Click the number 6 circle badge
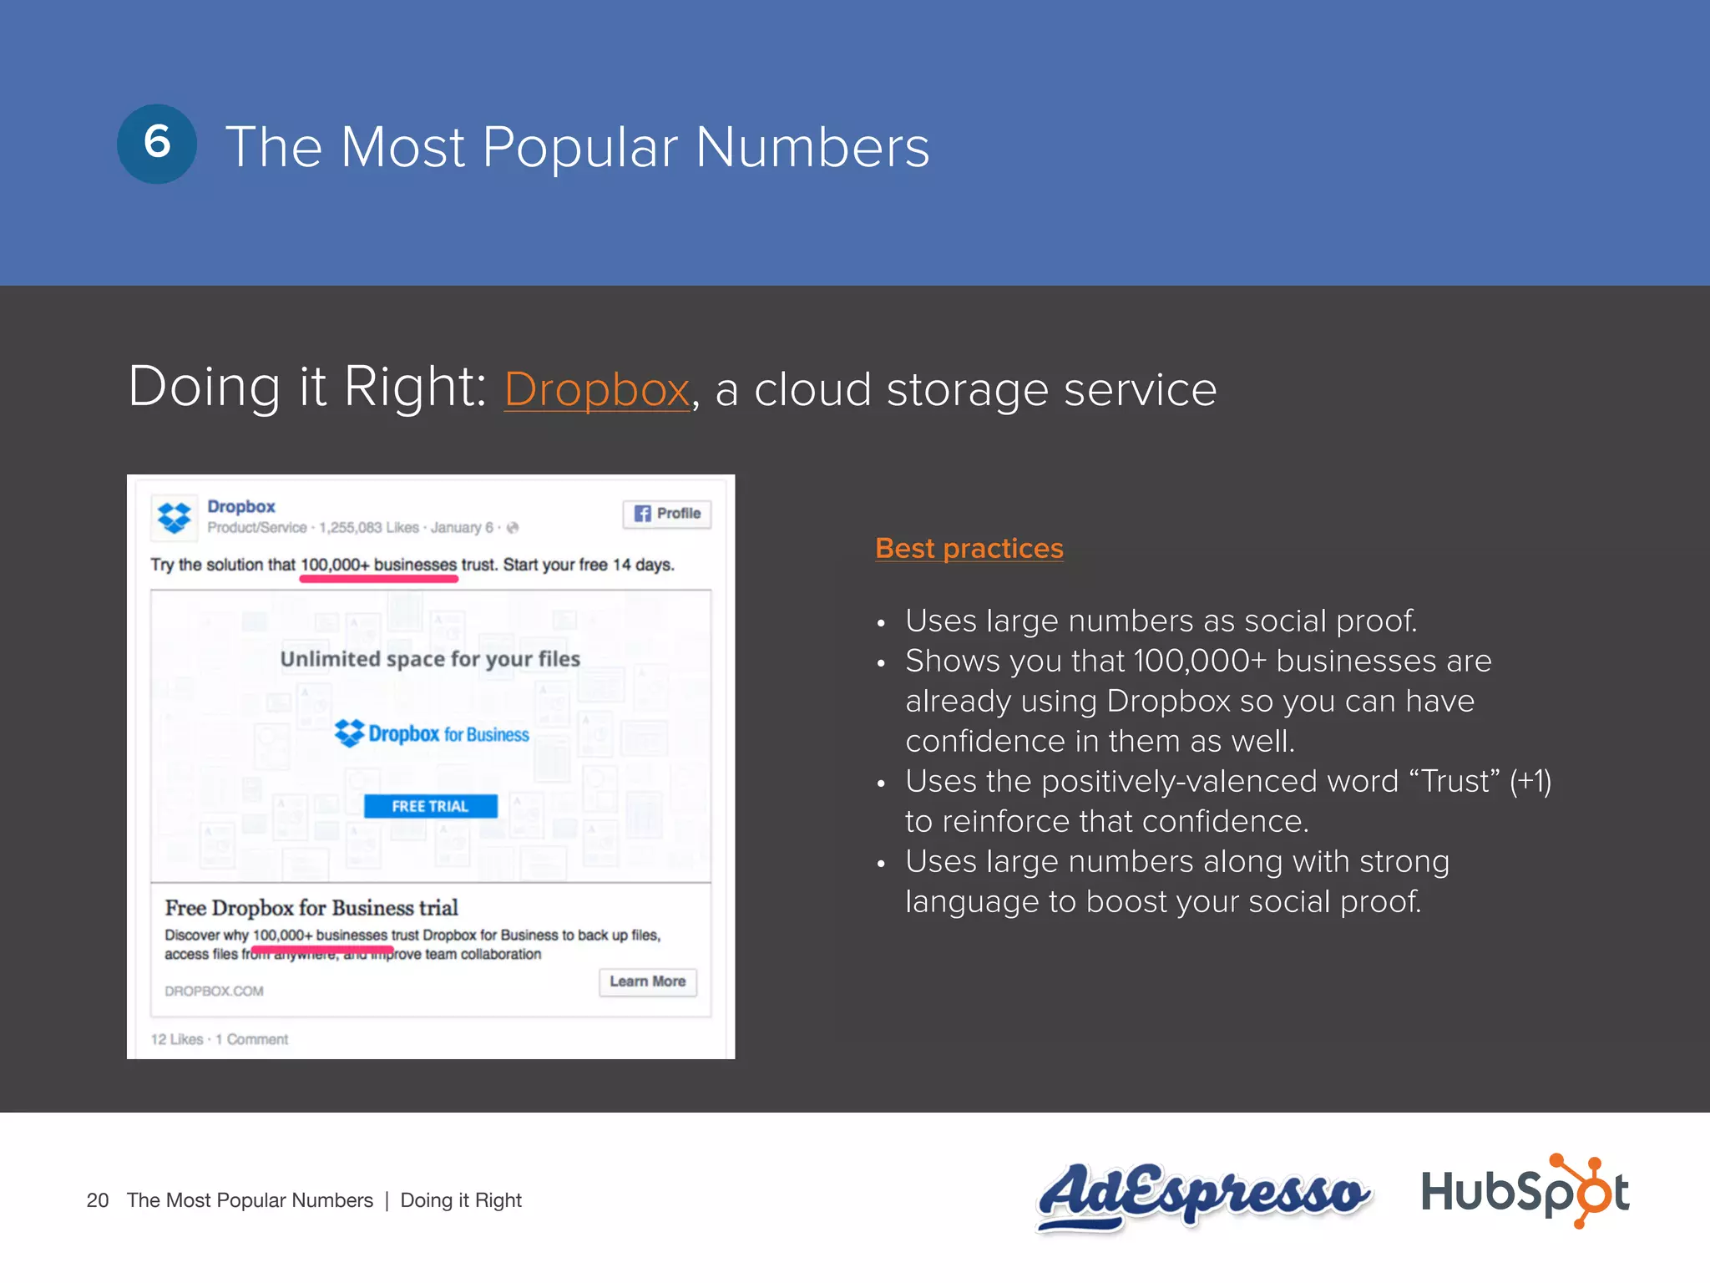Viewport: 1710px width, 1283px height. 157,144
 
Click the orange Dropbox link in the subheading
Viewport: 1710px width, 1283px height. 597,390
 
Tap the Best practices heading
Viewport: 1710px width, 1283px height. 969,549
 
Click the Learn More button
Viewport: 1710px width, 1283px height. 647,981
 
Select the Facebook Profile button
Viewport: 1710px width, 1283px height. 666,514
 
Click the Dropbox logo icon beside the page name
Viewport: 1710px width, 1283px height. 175,517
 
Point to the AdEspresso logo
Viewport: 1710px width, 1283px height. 1202,1194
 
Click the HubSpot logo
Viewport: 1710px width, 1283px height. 1525,1192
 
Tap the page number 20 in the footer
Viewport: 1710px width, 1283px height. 98,1200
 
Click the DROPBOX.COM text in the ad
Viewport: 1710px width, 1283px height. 214,991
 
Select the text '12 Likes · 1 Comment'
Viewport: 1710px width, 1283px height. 219,1039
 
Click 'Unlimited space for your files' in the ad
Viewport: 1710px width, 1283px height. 430,659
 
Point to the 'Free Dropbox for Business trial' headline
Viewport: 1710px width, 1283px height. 311,908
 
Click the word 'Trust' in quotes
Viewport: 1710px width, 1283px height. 1455,782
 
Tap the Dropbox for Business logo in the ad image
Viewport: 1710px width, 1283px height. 432,733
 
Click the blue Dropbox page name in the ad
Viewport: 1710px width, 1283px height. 241,506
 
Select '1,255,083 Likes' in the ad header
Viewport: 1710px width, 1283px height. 368,528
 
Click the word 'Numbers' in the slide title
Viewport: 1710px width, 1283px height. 812,148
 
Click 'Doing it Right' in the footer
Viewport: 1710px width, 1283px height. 461,1200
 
